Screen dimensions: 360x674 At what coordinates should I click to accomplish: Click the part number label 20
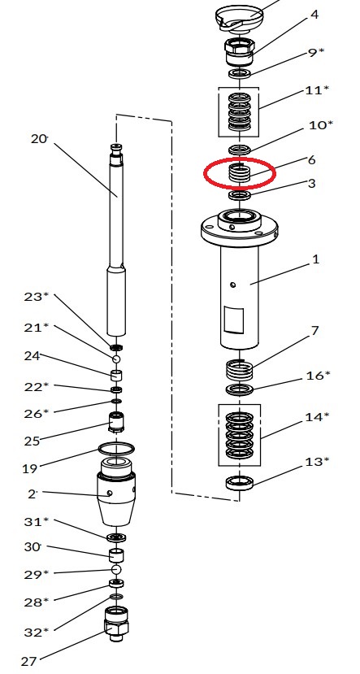tap(39, 139)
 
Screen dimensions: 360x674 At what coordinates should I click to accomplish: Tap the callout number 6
tap(312, 159)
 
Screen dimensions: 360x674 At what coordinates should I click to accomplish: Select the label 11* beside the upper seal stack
tap(317, 90)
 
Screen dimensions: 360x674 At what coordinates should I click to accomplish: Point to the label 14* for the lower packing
tap(317, 416)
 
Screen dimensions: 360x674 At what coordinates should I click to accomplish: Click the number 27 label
tap(28, 661)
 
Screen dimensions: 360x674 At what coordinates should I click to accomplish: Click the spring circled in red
tap(239, 173)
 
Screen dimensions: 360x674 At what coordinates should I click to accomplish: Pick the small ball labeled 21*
tap(116, 359)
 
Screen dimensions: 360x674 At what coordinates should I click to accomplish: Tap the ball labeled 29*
tap(116, 570)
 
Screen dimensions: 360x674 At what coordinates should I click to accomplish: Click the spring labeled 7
tap(239, 370)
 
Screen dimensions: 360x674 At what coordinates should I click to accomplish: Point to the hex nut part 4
tap(240, 51)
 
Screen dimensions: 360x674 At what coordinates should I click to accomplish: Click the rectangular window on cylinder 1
tap(235, 320)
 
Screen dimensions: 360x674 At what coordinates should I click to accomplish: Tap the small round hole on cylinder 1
tap(232, 285)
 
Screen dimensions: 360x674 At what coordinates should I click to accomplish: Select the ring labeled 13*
tap(240, 483)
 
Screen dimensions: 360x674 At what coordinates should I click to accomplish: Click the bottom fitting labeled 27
tap(116, 624)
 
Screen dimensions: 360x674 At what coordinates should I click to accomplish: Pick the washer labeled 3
tap(240, 196)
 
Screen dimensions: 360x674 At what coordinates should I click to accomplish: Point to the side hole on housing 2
tap(111, 494)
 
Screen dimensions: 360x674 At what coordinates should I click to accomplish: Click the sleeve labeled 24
tap(116, 375)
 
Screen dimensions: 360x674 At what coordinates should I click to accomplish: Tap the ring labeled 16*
tap(239, 389)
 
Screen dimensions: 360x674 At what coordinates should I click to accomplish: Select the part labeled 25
tap(116, 423)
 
